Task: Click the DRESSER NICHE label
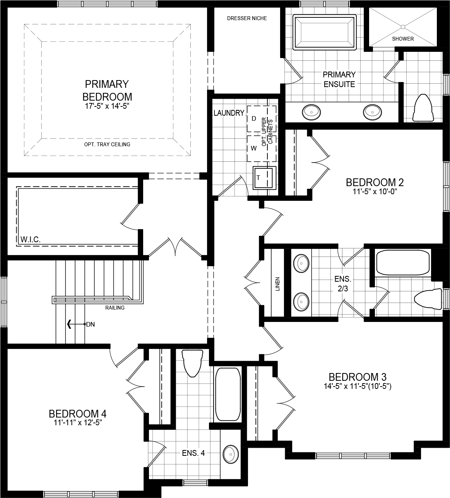click(x=247, y=18)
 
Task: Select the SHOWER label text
click(x=403, y=39)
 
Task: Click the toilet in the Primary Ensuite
click(x=423, y=107)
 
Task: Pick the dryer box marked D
click(x=254, y=118)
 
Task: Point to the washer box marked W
click(x=254, y=148)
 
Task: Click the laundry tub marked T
click(x=264, y=178)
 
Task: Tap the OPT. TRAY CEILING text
click(x=107, y=144)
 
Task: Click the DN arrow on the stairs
click(x=70, y=324)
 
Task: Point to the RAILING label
click(x=115, y=308)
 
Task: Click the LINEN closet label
click(x=277, y=284)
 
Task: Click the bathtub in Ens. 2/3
click(x=403, y=263)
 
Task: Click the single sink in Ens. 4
click(x=231, y=453)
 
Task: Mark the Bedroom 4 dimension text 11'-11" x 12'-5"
click(x=78, y=423)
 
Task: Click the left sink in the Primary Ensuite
click(x=311, y=112)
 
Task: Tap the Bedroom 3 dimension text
click(x=358, y=386)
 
